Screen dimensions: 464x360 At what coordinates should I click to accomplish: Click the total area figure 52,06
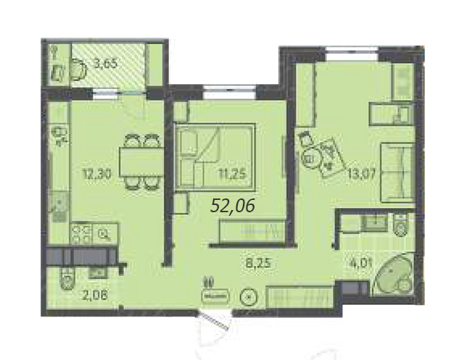point(233,206)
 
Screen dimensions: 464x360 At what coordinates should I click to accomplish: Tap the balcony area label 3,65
point(106,64)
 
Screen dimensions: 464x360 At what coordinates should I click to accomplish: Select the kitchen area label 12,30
point(97,175)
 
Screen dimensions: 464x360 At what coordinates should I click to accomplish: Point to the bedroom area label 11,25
point(233,174)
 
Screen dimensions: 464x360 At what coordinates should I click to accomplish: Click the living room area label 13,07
point(362,174)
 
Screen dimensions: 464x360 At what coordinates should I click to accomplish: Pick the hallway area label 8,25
point(259,262)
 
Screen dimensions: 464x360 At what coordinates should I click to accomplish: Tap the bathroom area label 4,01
point(360,262)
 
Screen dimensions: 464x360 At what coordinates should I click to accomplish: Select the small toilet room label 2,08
point(95,294)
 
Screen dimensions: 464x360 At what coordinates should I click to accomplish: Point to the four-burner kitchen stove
point(81,234)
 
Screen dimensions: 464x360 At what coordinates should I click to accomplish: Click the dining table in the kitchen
point(141,162)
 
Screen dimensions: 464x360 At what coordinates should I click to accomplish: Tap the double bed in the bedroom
point(215,157)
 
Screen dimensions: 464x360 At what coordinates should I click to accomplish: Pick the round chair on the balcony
point(79,70)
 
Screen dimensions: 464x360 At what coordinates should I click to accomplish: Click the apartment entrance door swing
point(214,321)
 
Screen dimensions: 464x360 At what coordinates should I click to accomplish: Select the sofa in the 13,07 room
point(397,172)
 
